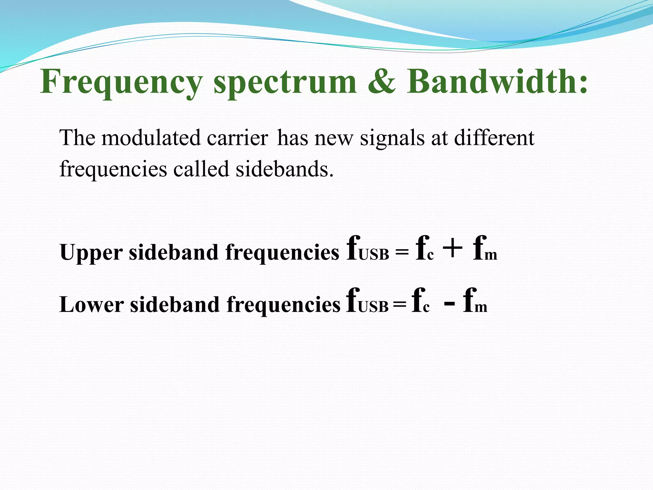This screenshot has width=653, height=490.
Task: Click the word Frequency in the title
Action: [121, 82]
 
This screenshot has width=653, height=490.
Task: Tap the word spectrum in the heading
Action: [285, 82]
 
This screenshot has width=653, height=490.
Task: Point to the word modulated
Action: [151, 138]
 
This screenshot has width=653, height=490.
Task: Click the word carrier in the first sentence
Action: [237, 138]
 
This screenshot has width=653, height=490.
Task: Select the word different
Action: [494, 138]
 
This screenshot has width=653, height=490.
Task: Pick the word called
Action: [201, 169]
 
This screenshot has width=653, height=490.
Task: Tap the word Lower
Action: [92, 305]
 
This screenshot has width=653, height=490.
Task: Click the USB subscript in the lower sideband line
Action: [373, 307]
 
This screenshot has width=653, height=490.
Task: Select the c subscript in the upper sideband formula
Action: [430, 256]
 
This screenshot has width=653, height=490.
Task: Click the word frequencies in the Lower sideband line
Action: [283, 305]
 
